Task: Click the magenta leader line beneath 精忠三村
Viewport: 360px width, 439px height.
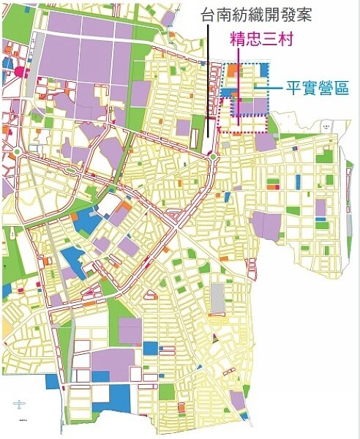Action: [239, 88]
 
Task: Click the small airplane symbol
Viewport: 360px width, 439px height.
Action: [20, 404]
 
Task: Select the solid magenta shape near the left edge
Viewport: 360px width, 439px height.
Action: [19, 72]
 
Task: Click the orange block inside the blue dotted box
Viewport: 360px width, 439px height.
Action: [233, 71]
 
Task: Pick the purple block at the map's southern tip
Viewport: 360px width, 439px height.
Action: [236, 399]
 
